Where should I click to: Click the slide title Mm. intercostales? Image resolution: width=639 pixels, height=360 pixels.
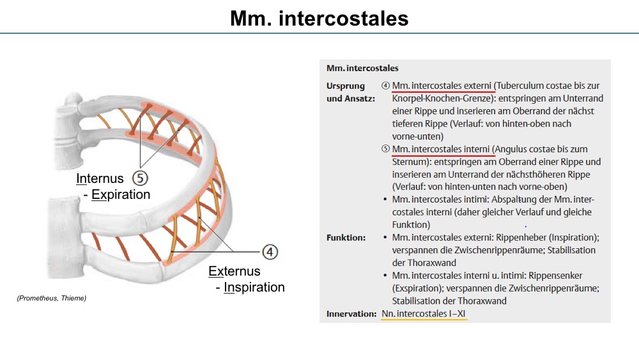319,19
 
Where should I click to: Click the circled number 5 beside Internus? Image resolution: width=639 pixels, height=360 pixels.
140,178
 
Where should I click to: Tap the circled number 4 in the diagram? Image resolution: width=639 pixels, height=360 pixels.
270,252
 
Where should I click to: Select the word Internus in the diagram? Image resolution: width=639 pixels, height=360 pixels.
100,178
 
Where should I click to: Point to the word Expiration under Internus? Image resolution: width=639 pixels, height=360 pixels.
121,194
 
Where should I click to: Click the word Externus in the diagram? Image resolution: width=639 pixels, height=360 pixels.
235,271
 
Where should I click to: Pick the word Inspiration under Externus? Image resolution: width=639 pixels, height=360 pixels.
254,287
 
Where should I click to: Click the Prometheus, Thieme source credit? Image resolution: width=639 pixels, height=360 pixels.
52,298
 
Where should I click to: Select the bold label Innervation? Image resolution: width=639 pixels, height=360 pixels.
351,313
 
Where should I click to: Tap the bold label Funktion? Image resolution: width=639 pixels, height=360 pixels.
346,237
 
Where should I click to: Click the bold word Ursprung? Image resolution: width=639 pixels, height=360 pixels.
346,86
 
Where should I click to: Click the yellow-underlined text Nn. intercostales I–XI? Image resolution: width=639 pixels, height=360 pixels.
424,313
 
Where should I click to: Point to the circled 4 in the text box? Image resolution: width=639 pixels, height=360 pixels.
385,86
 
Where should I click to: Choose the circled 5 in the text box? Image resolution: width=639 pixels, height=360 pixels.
385,149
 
